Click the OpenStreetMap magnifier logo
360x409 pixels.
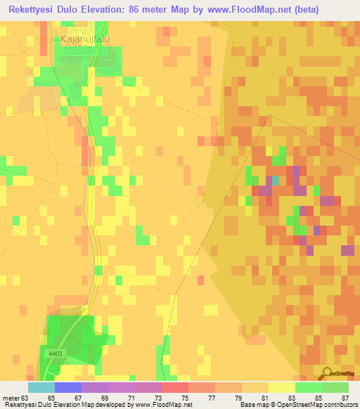(x=328, y=372)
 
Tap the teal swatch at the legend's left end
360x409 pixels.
(x=41, y=387)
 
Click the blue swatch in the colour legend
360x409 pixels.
(x=67, y=387)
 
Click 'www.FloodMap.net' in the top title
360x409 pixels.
(x=232, y=10)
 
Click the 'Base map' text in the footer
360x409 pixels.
(x=250, y=405)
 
